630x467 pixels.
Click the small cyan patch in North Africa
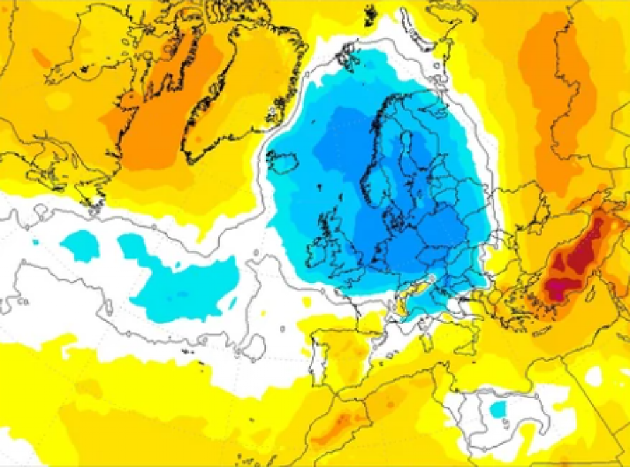pos(498,409)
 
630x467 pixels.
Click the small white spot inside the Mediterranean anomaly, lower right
pos(593,377)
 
